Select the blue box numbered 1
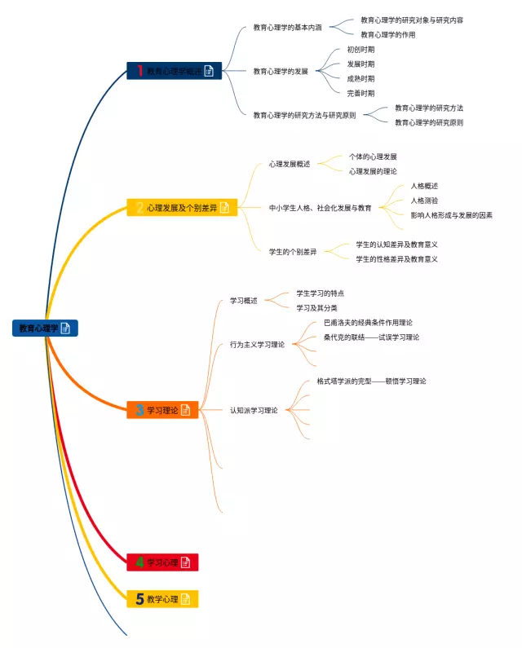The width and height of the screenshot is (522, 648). [174, 71]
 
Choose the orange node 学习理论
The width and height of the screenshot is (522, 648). [162, 410]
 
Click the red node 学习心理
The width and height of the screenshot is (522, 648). [162, 562]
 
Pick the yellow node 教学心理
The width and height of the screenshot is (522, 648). [162, 599]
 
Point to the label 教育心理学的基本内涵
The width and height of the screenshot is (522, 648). [287, 27]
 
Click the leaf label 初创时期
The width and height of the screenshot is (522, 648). [361, 49]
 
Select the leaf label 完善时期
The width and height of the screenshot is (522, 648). [361, 93]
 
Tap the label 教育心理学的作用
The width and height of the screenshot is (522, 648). [387, 34]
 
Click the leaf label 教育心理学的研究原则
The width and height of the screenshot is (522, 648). [428, 122]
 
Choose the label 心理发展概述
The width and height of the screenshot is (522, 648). [290, 164]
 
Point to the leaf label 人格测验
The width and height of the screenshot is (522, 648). [424, 200]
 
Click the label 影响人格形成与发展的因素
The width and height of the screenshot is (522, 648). [451, 215]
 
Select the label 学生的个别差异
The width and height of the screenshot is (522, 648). [293, 252]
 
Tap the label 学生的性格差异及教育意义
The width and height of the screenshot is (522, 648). [396, 259]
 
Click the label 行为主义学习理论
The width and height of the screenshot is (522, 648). [257, 345]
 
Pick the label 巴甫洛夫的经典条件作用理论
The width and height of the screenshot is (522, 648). [368, 322]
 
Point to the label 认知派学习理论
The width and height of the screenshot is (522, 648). [253, 410]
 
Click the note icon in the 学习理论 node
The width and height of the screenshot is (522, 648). [185, 410]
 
